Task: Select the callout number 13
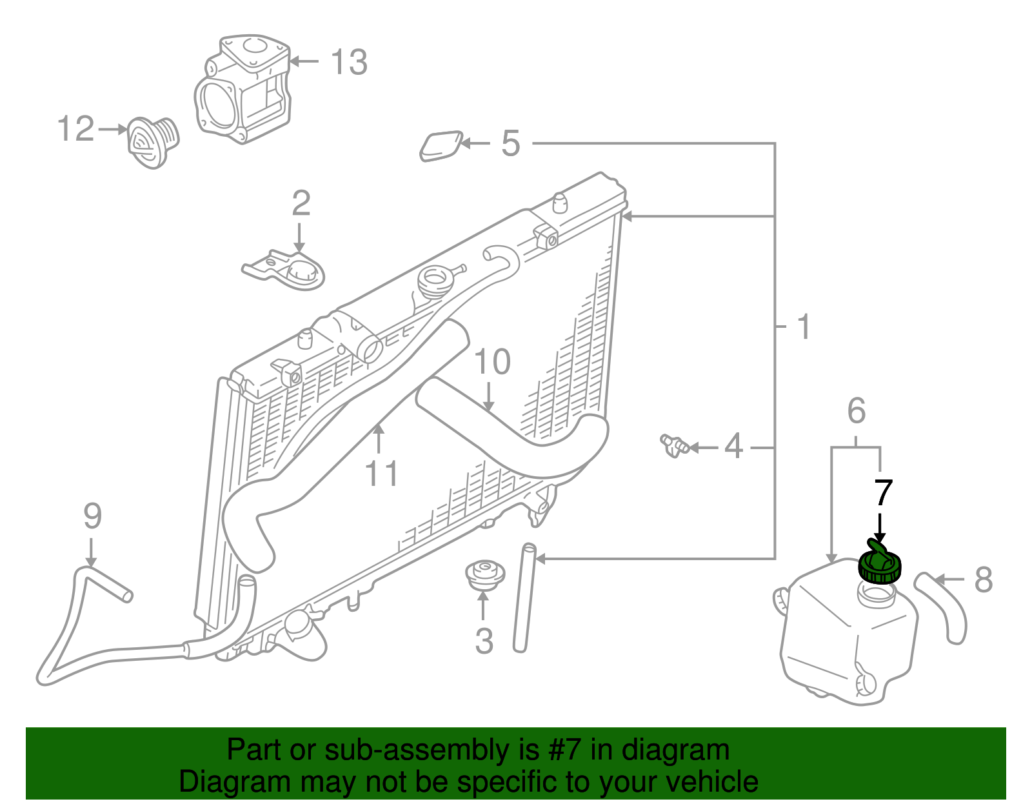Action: (349, 62)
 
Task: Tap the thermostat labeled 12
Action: (153, 143)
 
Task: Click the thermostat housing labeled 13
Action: (243, 89)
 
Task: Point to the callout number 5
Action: (511, 143)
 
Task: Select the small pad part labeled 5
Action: (441, 146)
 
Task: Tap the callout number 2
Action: (301, 203)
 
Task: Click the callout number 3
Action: (484, 641)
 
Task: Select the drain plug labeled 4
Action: (675, 445)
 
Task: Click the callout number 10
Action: (492, 362)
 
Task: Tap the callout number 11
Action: (381, 474)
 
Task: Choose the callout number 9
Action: (93, 516)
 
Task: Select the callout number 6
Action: (857, 410)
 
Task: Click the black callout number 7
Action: (883, 493)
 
